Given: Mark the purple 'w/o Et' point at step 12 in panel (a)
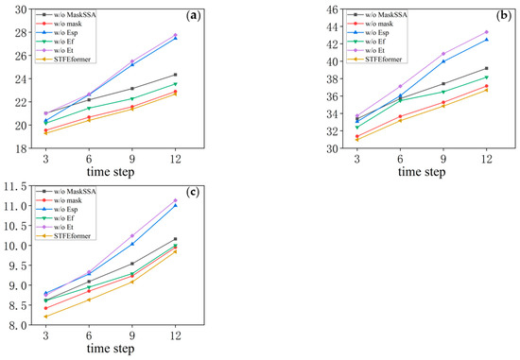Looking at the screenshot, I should [175, 35].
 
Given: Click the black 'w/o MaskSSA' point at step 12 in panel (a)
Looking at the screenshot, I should [175, 75].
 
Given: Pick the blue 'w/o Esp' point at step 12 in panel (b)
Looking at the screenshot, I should [486, 40].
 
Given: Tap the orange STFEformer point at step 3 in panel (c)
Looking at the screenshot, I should [45, 317].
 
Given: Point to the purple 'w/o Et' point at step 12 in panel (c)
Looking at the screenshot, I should [175, 199].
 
